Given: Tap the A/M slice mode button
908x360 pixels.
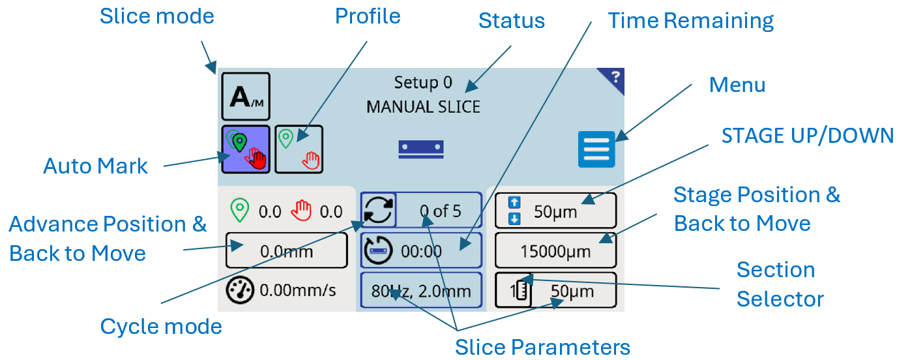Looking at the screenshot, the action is [246, 97].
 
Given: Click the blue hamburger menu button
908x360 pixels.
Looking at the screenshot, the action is [596, 149].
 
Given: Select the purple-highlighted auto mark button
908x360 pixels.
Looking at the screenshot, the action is [246, 149].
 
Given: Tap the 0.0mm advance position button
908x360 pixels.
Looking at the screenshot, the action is [287, 250].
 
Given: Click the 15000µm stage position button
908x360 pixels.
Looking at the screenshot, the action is [555, 250].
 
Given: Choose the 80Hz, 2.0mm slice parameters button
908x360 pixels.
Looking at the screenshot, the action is [421, 290].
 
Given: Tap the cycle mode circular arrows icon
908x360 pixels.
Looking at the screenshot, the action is [378, 210].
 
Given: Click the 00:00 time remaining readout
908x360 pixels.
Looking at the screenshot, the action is [421, 251].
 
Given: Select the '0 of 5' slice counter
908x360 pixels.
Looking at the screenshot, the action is [440, 211].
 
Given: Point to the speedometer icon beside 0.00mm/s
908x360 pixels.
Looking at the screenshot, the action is [240, 290].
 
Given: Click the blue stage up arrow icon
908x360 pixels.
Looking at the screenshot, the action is [514, 202].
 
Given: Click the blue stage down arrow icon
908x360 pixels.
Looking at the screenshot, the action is [514, 219].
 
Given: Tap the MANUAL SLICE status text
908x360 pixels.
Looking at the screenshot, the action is [423, 107].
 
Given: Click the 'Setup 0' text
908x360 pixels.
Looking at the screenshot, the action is [423, 83].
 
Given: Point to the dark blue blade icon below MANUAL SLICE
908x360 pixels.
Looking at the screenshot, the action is [421, 149].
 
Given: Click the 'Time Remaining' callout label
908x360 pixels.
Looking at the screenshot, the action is [691, 20].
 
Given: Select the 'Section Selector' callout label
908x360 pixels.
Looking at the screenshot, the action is [780, 284].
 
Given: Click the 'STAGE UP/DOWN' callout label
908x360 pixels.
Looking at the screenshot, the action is [808, 136].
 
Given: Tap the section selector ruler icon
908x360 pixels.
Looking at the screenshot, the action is [520, 290].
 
